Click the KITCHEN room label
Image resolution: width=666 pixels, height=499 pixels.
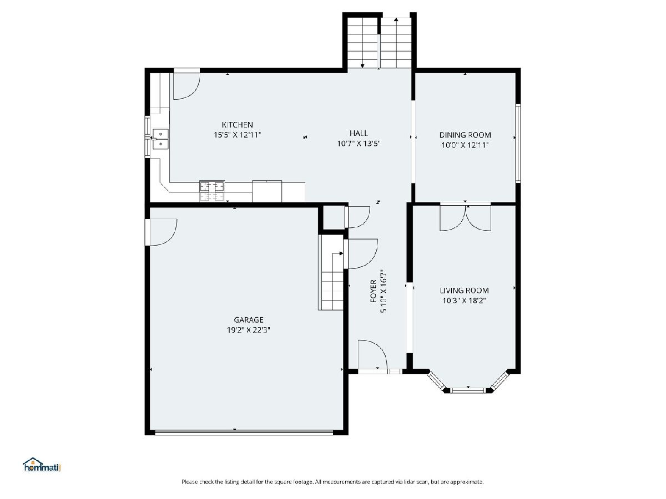(238, 125)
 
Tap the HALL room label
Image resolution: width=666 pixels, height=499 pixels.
(359, 133)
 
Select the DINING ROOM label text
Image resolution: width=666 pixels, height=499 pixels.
(465, 135)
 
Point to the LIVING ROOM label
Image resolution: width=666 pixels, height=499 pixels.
(464, 291)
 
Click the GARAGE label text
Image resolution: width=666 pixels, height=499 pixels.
(249, 320)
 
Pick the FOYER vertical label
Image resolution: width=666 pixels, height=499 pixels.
(374, 291)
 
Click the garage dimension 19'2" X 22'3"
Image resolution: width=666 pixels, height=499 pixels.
(249, 330)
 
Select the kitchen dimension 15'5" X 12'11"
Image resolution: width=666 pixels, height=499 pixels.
(238, 135)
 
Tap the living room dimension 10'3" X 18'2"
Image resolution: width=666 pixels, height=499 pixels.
(464, 301)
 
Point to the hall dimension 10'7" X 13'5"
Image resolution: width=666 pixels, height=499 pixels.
(359, 143)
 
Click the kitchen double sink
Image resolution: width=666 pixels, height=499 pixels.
(160, 139)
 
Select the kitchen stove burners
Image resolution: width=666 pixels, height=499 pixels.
(212, 191)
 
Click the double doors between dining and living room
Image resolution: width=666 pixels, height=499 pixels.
(466, 217)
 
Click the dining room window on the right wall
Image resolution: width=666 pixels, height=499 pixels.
(518, 143)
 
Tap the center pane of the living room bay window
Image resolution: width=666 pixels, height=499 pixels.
(468, 390)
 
